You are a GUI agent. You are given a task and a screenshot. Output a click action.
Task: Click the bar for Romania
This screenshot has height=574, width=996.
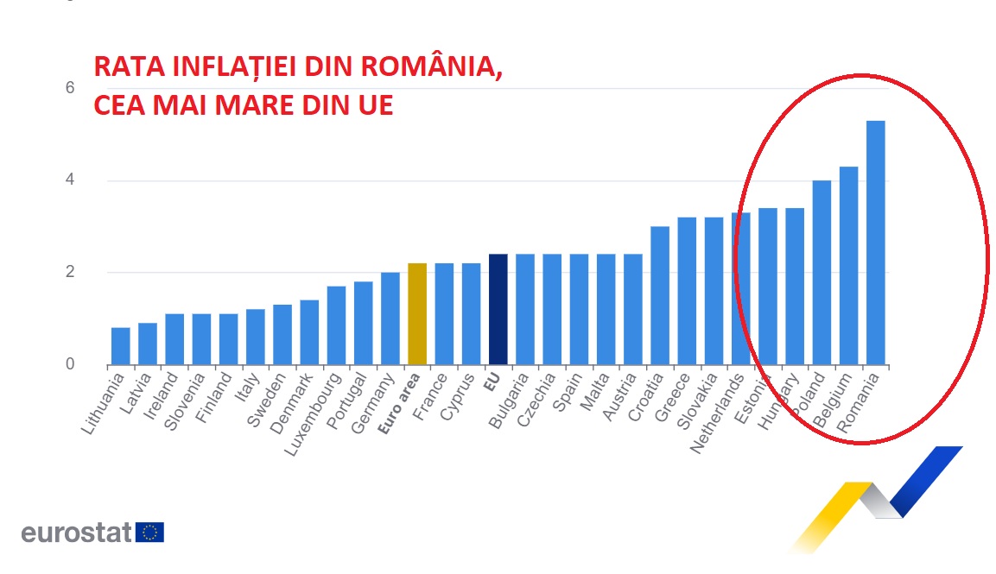[875, 243]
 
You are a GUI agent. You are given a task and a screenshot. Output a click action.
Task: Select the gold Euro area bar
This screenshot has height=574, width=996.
[417, 314]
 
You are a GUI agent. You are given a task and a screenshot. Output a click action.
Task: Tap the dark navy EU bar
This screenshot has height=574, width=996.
[498, 310]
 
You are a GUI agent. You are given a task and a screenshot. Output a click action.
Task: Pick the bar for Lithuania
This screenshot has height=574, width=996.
[121, 346]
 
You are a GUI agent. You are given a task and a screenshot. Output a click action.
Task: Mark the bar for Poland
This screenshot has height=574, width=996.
[822, 273]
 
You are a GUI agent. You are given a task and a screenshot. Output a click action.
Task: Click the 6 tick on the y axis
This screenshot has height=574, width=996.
[70, 88]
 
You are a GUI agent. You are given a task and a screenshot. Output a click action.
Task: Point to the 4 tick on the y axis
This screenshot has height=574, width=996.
[70, 180]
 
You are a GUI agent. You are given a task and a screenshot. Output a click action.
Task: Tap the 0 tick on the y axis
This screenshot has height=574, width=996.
[70, 365]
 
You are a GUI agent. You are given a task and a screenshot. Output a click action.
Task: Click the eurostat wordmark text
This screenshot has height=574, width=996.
[75, 532]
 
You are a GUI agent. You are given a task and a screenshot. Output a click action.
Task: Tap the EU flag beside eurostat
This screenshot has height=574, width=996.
[150, 532]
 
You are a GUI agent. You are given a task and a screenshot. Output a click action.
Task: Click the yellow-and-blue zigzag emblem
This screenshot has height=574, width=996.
[872, 496]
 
